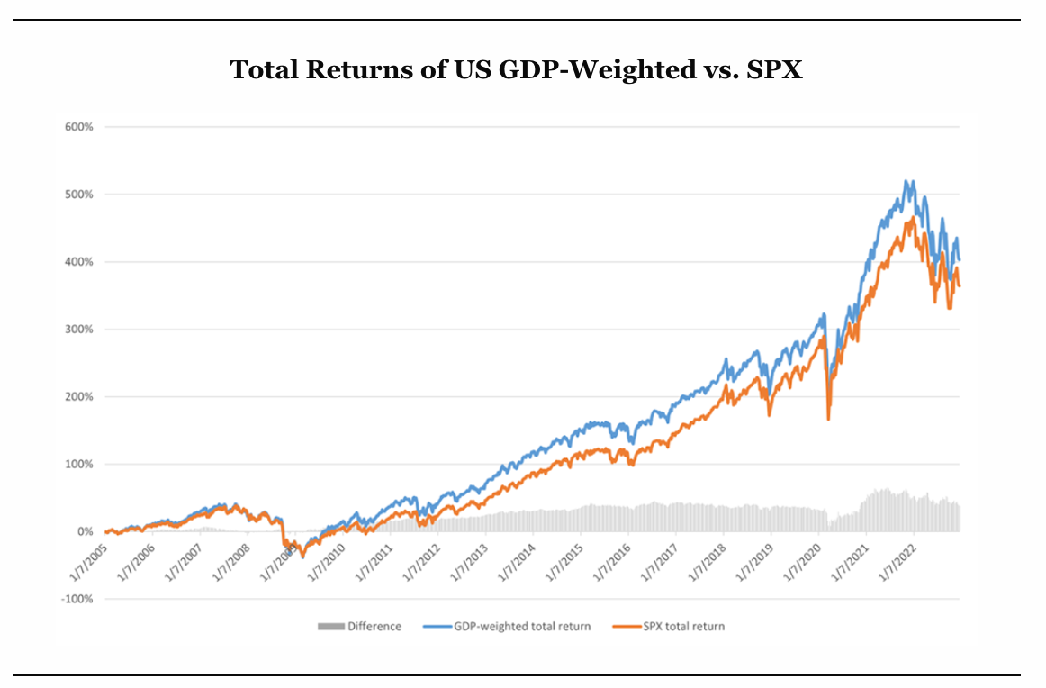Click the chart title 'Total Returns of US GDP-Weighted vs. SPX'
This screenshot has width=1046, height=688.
coord(516,70)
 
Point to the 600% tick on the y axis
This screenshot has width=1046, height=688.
coord(79,127)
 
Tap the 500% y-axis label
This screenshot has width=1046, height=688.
coord(79,195)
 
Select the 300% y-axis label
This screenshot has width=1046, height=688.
coord(79,330)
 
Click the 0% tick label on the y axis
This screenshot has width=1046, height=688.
coord(86,532)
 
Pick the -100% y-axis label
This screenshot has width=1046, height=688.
coord(77,600)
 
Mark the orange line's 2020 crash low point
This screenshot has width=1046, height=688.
coord(828,419)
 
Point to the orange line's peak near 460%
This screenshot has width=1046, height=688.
coord(913,217)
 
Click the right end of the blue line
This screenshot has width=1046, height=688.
coord(960,260)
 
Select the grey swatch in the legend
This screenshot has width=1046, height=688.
coord(330,627)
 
